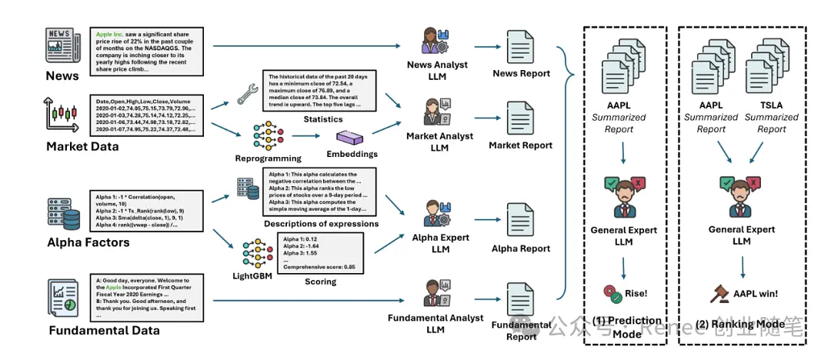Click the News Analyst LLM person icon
[436, 41]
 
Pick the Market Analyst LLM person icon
[436, 112]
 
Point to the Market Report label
[521, 145]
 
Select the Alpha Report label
[521, 248]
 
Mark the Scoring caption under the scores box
[321, 282]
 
